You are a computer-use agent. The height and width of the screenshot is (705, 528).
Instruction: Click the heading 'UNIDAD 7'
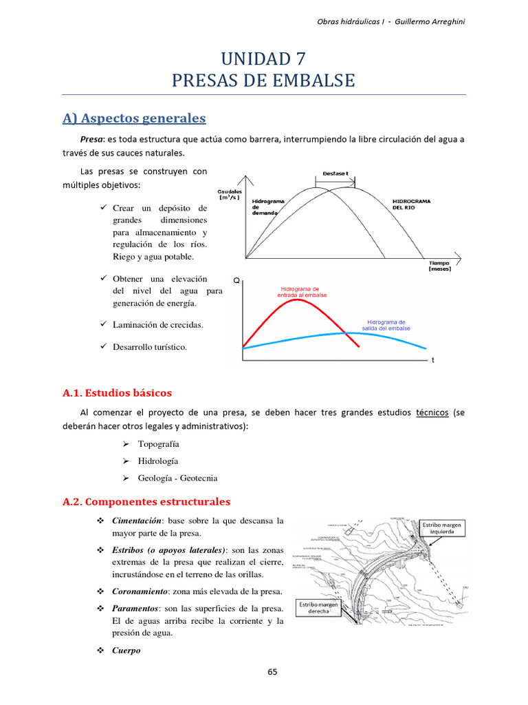[x=263, y=58]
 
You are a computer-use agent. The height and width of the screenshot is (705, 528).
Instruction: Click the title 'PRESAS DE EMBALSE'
[x=263, y=81]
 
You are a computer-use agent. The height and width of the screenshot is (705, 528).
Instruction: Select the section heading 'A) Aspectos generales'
[x=134, y=118]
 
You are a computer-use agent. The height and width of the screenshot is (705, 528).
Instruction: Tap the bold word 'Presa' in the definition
[x=96, y=139]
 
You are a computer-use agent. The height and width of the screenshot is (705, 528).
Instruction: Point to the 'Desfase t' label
[x=336, y=174]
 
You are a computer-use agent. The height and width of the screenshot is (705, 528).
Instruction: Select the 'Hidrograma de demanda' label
[x=265, y=206]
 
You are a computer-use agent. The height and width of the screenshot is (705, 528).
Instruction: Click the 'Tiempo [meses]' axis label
[x=439, y=265]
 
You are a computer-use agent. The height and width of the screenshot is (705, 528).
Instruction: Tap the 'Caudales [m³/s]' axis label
[x=230, y=194]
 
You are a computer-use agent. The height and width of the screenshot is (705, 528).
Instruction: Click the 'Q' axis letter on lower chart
[x=236, y=281]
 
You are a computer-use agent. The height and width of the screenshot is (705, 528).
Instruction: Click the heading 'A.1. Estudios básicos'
[x=117, y=393]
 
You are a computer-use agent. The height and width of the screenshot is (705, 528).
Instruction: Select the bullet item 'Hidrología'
[x=157, y=461]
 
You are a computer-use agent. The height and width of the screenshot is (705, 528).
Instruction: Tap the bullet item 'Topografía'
[x=158, y=444]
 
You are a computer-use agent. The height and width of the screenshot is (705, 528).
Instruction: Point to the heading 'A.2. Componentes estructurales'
[x=146, y=501]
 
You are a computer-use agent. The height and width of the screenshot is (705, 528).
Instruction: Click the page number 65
[x=272, y=673]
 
